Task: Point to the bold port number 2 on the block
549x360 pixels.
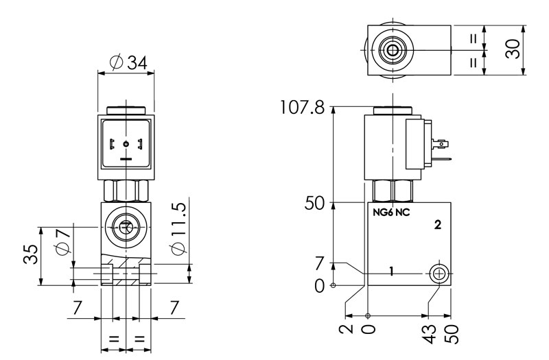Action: coord(437,224)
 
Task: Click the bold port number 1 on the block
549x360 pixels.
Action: coord(390,272)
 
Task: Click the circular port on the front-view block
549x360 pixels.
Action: coord(126,226)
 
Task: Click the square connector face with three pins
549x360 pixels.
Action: coord(126,145)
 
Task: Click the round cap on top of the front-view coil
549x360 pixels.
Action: coord(126,110)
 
